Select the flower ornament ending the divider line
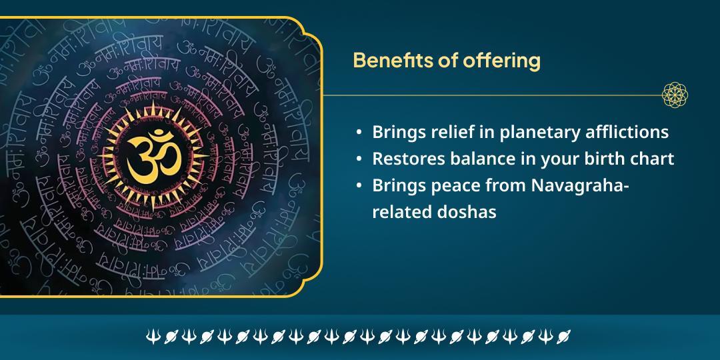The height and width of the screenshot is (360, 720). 675,95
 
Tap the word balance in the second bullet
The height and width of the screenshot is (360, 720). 475,159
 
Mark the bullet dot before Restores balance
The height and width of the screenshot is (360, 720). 360,160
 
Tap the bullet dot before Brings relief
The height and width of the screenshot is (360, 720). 360,133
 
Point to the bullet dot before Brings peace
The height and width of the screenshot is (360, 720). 360,187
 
